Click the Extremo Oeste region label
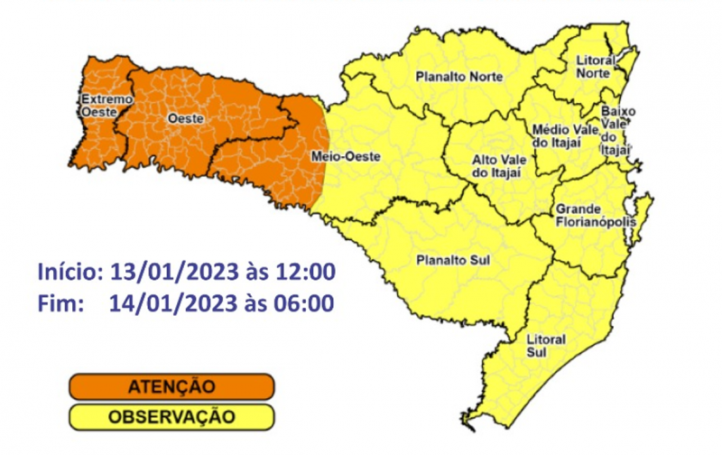pyautogui.click(x=106, y=105)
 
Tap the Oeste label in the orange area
pyautogui.click(x=185, y=118)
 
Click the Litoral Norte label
pyautogui.click(x=596, y=66)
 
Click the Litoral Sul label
pyautogui.click(x=545, y=345)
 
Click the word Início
pyautogui.click(x=69, y=272)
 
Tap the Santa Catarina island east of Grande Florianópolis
pyautogui.click(x=642, y=215)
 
